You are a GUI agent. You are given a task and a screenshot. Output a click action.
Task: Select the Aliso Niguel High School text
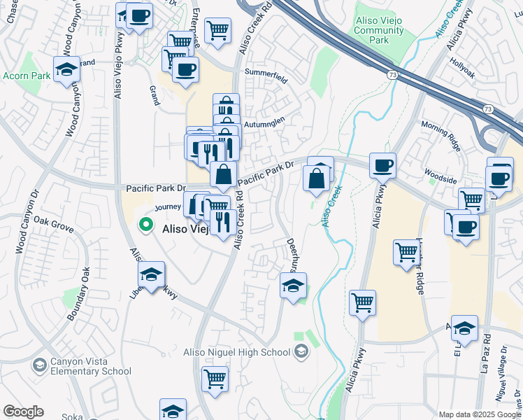click(237, 352)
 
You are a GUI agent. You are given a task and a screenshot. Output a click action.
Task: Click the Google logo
click(23, 412)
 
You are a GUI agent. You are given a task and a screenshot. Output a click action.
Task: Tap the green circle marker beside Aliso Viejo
click(146, 225)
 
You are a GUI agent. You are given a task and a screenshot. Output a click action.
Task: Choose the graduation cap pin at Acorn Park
click(66, 69)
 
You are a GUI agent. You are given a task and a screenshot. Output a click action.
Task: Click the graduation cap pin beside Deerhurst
click(294, 284)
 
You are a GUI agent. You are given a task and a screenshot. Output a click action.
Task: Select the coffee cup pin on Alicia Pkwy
click(382, 165)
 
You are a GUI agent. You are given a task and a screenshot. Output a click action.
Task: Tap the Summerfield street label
click(266, 76)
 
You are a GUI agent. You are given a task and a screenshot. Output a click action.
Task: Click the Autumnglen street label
click(264, 120)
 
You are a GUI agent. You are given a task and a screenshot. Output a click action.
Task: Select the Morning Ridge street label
click(441, 133)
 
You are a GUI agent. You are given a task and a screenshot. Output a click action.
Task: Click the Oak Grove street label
click(53, 224)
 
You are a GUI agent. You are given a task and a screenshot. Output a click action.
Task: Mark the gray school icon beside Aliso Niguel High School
click(301, 351)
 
